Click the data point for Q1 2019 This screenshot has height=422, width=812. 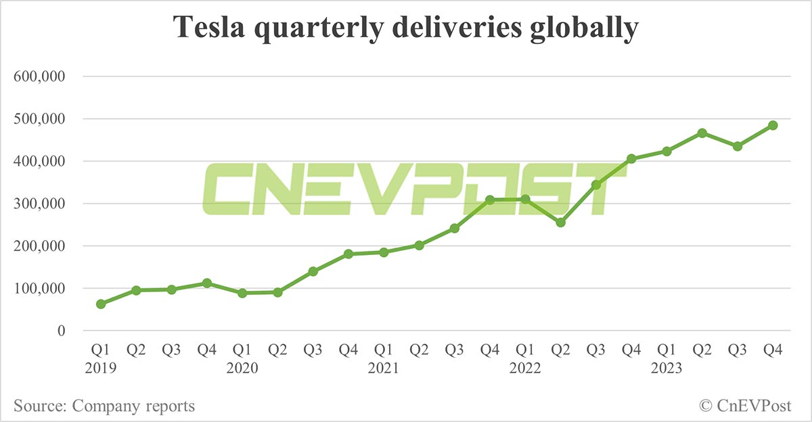coord(101,304)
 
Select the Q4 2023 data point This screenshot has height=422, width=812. coord(773,125)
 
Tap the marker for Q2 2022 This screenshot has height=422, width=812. coord(560,222)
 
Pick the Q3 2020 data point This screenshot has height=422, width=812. coord(313,271)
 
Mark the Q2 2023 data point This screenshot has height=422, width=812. coord(702,133)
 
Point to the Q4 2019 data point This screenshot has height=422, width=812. coord(207,283)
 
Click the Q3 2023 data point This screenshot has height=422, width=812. coord(738,146)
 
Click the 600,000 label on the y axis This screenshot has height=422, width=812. coord(39,77)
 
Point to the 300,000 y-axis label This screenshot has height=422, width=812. coord(39,204)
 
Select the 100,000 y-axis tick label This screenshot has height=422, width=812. coord(39,289)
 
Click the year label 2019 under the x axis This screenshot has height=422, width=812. coord(101,369)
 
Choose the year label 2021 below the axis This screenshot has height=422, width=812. coord(384,369)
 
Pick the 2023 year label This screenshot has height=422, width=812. coord(667,369)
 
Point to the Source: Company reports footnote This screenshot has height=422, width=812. coord(104,406)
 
